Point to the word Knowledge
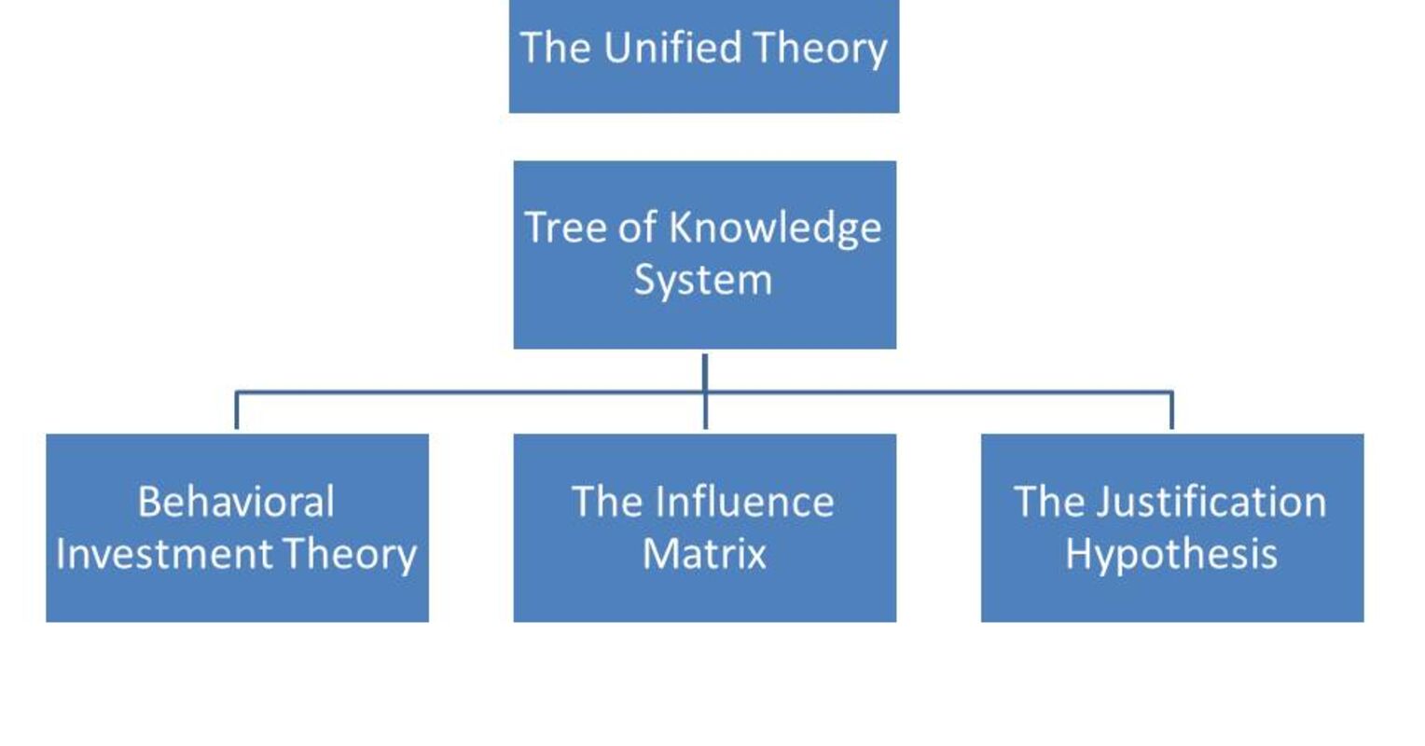[775, 228]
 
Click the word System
[703, 280]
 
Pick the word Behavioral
[236, 502]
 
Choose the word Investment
[164, 554]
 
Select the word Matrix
[704, 554]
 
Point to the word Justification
[1211, 502]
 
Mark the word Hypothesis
[1171, 554]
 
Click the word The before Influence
[606, 502]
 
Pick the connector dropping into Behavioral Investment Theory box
[237, 410]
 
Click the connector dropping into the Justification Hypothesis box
[1171, 410]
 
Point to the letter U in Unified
[616, 48]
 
